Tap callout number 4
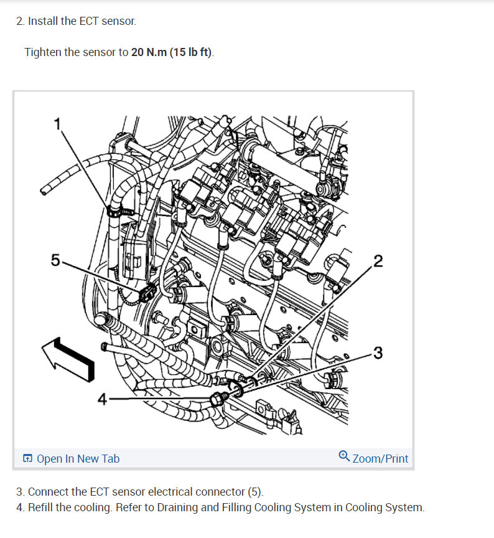tap(103, 399)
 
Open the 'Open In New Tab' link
tap(78, 459)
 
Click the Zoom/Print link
tap(380, 459)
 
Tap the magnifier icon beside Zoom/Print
tap(344, 457)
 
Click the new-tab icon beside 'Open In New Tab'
tap(28, 459)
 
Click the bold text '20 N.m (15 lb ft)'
tap(172, 52)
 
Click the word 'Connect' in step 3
tap(47, 492)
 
